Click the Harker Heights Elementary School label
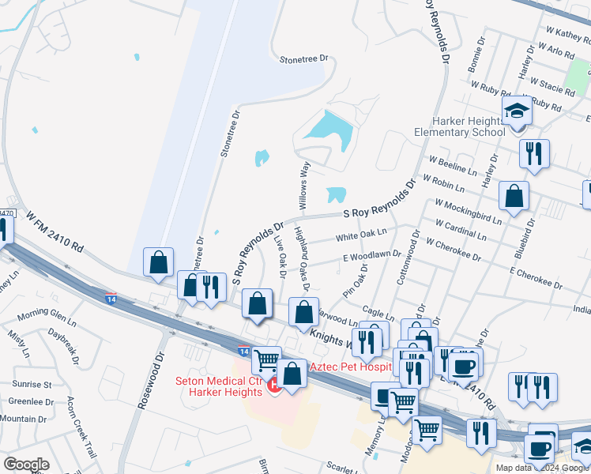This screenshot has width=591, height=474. (459, 126)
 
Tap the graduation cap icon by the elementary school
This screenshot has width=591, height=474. (517, 110)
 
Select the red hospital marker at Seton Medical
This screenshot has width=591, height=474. (275, 386)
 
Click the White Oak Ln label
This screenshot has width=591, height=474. (361, 235)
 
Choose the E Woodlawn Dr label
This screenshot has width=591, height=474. (372, 255)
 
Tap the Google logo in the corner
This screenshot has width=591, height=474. (26, 465)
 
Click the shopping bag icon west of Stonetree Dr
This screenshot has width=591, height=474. (158, 261)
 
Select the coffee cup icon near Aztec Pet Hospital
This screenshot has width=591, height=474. (464, 365)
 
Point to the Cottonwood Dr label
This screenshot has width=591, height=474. (408, 258)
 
